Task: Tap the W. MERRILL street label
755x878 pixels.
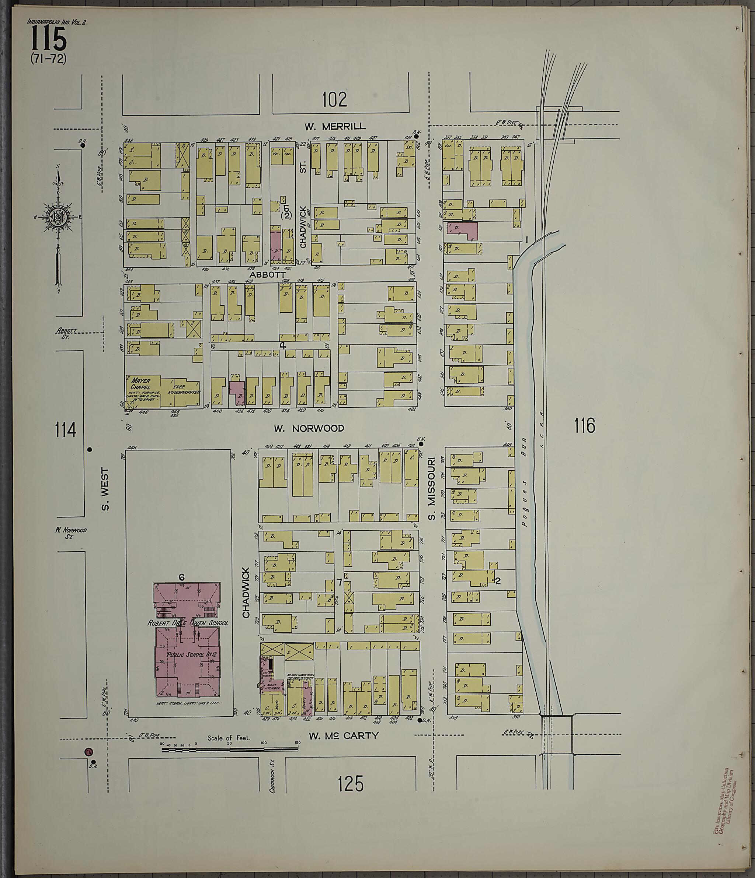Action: click(335, 126)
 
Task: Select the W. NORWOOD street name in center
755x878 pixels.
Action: click(309, 428)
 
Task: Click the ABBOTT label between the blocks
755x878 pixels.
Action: click(267, 275)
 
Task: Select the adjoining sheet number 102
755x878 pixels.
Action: click(334, 99)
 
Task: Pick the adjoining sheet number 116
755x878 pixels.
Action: click(584, 426)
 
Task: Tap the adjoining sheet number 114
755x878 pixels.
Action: click(65, 430)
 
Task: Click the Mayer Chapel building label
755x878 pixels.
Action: click(140, 383)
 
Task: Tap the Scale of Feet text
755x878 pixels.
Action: click(229, 738)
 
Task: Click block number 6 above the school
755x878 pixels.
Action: click(181, 577)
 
